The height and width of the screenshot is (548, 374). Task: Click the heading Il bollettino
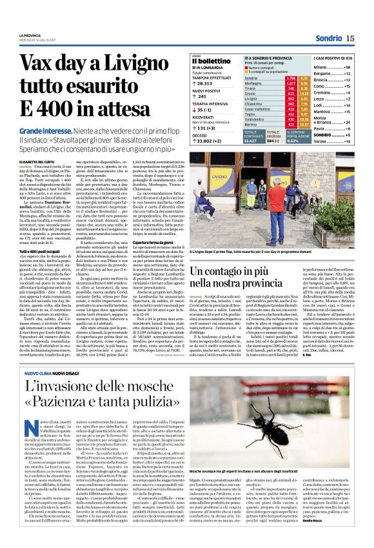click(212, 61)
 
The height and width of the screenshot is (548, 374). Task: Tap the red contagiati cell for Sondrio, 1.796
click(291, 77)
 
